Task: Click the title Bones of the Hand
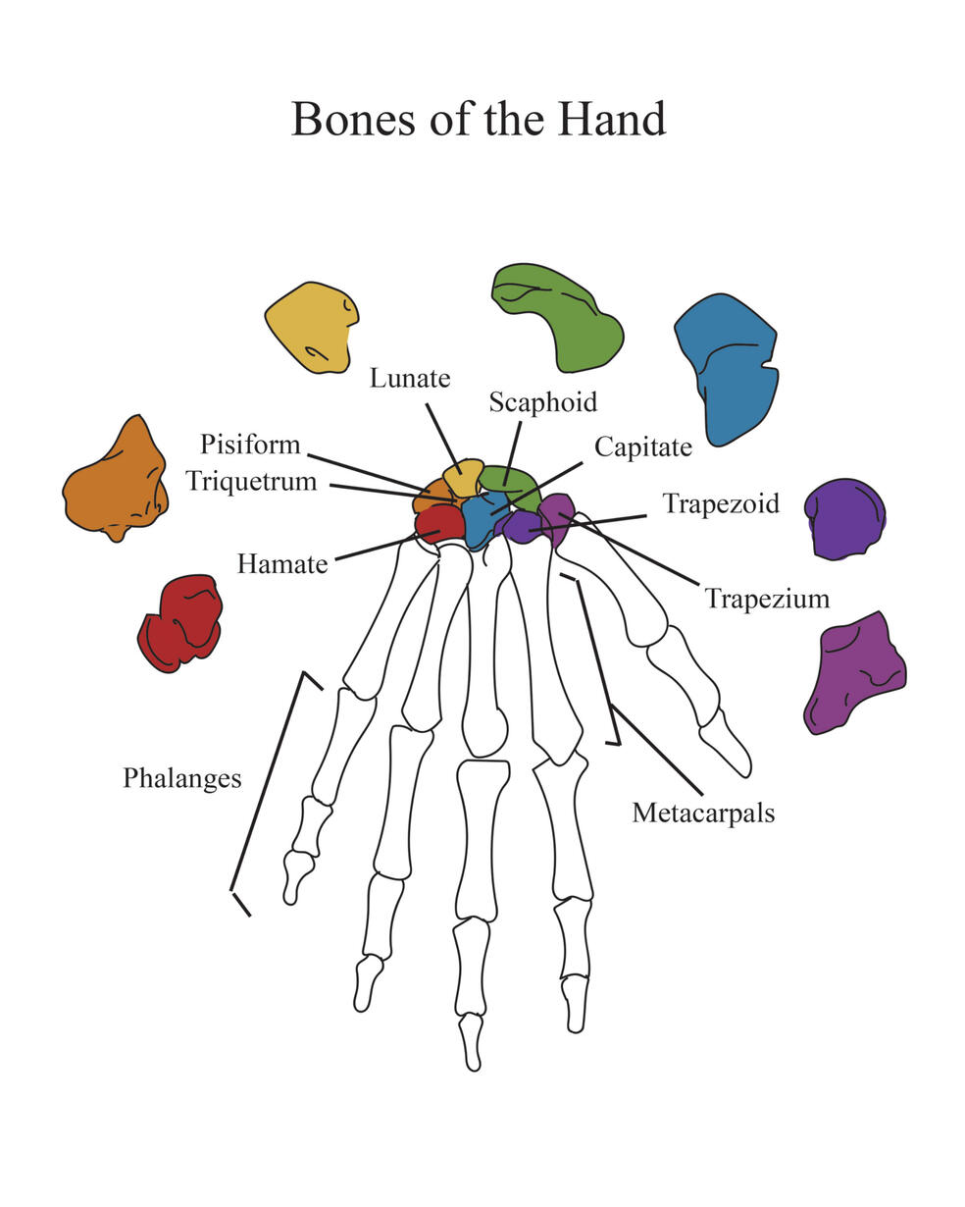[x=479, y=118]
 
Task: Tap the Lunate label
[x=410, y=378]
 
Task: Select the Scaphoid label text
[x=542, y=401]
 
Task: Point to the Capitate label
[x=643, y=447]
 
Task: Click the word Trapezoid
[x=721, y=503]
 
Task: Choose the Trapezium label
[x=767, y=598]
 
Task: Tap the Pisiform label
[x=250, y=445]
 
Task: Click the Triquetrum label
[x=252, y=481]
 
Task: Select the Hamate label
[x=282, y=564]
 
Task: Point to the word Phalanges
[x=181, y=778]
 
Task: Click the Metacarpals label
[x=703, y=813]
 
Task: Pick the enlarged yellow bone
[x=311, y=327]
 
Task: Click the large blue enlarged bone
[x=728, y=368]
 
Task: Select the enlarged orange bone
[x=116, y=481]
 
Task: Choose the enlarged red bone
[x=180, y=622]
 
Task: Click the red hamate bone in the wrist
[x=438, y=524]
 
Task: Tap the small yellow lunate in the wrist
[x=464, y=477]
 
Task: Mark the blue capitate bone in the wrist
[x=481, y=520]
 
